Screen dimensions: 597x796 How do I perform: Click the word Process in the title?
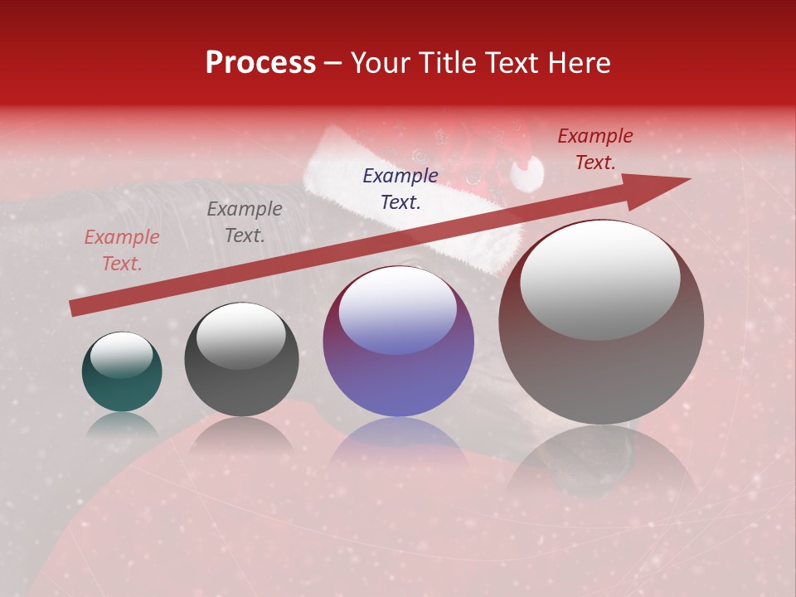[x=260, y=63]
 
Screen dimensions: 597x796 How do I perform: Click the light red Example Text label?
[x=122, y=250]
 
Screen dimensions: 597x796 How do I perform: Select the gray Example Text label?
[x=245, y=222]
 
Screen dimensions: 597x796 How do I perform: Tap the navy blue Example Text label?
[x=400, y=188]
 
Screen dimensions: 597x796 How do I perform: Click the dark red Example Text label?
[x=595, y=149]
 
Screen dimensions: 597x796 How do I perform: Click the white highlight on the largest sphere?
[x=599, y=279]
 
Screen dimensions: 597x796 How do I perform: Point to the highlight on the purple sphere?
[x=398, y=308]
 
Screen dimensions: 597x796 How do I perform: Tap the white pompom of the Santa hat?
[x=526, y=172]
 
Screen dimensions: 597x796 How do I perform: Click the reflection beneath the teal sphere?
[x=122, y=425]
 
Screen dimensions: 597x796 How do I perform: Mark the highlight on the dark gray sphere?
[x=240, y=335]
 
